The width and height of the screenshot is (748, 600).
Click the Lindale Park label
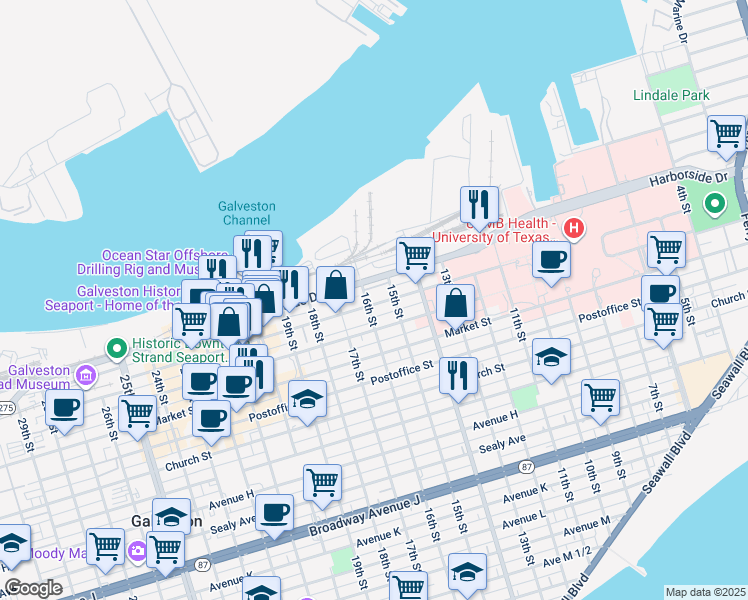[671, 95]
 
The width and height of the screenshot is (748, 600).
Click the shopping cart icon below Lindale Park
[726, 134]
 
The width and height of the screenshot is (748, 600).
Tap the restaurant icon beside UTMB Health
[479, 205]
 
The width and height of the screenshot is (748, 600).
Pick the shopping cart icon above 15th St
[414, 255]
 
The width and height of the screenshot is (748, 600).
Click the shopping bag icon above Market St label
[455, 303]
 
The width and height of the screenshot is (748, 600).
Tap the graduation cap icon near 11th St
[550, 358]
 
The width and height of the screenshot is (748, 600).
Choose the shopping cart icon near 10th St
[600, 397]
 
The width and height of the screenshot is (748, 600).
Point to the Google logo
[33, 588]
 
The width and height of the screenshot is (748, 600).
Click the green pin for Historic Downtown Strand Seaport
[117, 349]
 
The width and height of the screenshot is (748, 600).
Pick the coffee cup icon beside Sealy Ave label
[274, 513]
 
